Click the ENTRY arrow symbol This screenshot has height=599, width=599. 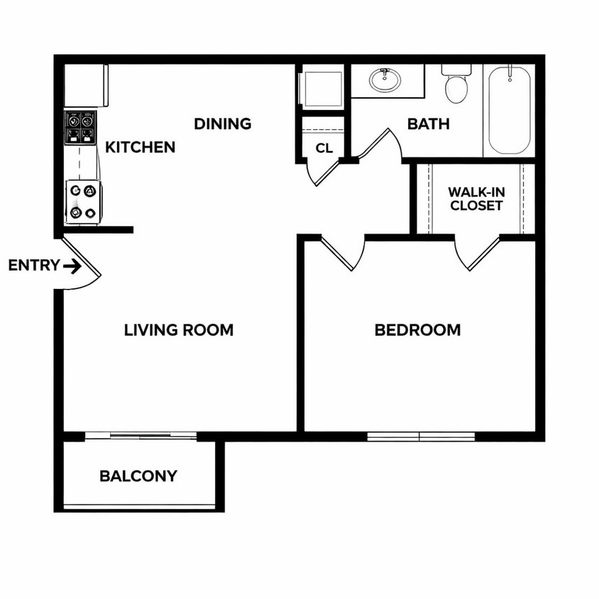tap(72, 266)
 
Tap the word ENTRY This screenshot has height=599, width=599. tap(34, 265)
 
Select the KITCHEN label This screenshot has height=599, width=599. tap(141, 147)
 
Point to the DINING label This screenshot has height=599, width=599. tap(223, 123)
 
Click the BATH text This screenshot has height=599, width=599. tap(428, 124)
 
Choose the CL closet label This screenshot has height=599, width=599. tap(324, 148)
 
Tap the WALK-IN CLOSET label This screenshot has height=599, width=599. tap(476, 199)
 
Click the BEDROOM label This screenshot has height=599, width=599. tap(417, 330)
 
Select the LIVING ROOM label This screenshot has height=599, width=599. tap(179, 330)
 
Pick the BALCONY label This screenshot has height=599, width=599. tap(138, 476)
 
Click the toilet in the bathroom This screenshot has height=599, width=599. tap(456, 84)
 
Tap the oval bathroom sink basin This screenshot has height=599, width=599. tap(385, 79)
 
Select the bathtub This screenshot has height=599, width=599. tap(510, 110)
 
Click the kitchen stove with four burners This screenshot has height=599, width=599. tap(84, 202)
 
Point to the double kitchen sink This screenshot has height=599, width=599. tap(80, 128)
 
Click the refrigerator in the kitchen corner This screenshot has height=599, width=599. tap(87, 86)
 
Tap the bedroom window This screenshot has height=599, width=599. tap(421, 436)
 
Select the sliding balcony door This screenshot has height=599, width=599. tap(141, 436)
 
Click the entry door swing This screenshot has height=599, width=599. tap(81, 263)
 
